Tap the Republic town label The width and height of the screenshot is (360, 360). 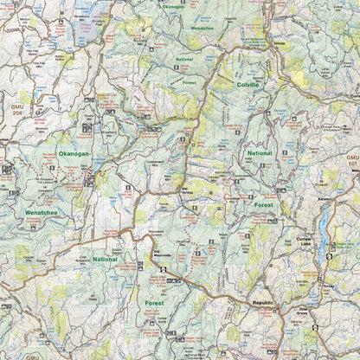pos(261,303)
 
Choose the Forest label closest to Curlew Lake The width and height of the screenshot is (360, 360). pos(263,205)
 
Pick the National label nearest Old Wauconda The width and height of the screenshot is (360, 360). pos(105,259)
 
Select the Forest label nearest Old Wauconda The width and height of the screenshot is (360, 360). pos(154,304)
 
